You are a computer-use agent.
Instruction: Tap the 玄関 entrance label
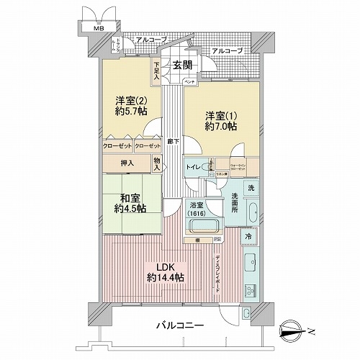coord(180,65)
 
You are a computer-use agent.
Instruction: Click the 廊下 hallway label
coord(172,142)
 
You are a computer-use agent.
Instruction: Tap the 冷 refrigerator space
coord(247,237)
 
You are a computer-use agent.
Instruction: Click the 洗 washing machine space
coord(249,188)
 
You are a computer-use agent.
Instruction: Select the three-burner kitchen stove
coord(251,290)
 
